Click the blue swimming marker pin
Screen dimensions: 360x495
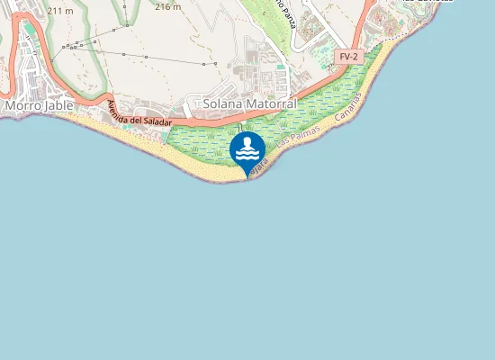point(247,151)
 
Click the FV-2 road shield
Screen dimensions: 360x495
point(347,56)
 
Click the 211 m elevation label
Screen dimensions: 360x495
point(60,10)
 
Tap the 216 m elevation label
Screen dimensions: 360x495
point(167,5)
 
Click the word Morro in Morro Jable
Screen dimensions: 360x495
point(22,105)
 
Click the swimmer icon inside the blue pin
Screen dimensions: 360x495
point(247,148)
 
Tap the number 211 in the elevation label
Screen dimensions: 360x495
point(56,10)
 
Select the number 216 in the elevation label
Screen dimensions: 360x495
point(163,5)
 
